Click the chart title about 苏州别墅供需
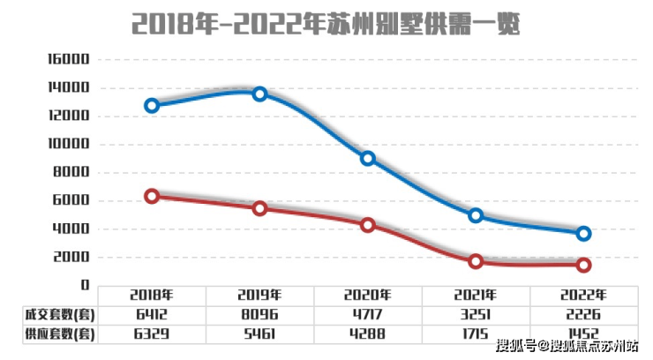[326, 23]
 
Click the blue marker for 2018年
[152, 105]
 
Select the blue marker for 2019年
[259, 94]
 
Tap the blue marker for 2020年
[368, 159]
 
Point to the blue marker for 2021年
[476, 215]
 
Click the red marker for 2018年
[152, 196]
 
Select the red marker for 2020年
[368, 225]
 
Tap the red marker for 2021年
[476, 261]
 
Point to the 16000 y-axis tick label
[68, 60]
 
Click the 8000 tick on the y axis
[72, 173]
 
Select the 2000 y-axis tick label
[72, 257]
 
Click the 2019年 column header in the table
[259, 295]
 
